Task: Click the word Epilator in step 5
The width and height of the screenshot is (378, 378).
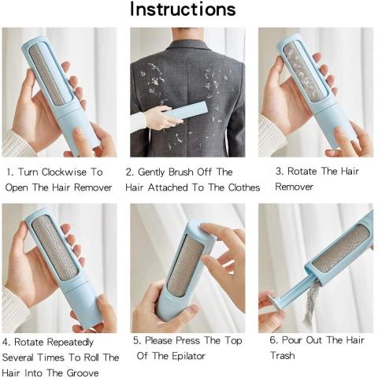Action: click(x=185, y=357)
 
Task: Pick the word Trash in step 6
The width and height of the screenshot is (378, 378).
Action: click(x=282, y=356)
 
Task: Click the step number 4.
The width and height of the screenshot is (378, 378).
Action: click(x=6, y=342)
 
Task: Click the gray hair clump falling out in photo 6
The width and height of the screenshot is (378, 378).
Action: click(x=313, y=306)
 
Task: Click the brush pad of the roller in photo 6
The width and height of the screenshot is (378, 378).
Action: click(x=339, y=249)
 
